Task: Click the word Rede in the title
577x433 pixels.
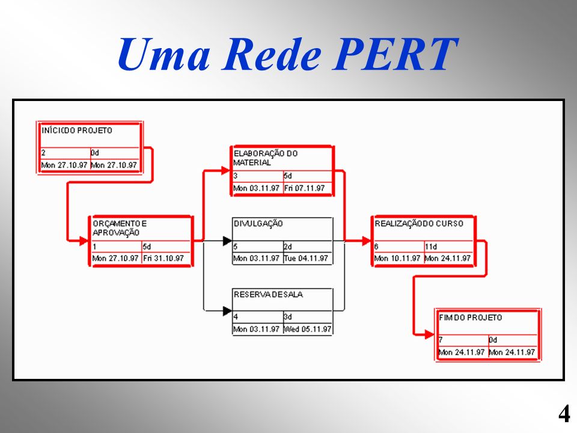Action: tap(272, 54)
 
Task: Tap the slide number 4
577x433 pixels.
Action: tap(564, 414)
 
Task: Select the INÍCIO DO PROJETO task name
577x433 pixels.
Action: tap(76, 131)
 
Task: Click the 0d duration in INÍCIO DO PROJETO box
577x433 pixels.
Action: tap(95, 153)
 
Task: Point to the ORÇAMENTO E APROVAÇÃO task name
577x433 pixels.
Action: tap(119, 228)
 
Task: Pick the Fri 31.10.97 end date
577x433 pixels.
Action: tap(163, 258)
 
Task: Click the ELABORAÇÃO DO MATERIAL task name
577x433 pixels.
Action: tap(265, 158)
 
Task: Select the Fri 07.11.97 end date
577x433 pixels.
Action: tap(304, 188)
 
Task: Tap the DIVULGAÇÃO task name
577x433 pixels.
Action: tap(258, 224)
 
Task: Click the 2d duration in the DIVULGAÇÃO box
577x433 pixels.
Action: tap(288, 247)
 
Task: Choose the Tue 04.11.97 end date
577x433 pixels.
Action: tap(306, 258)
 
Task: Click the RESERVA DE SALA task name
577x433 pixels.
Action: tap(268, 294)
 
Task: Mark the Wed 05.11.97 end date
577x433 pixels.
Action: tap(308, 329)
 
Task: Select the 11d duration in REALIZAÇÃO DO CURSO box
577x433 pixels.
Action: tap(431, 247)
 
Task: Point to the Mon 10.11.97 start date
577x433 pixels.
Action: tap(397, 258)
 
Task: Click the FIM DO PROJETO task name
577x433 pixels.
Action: tap(470, 318)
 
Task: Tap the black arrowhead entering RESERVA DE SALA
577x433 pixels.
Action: tap(227, 311)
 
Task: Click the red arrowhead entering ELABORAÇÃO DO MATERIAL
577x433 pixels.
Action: tap(225, 170)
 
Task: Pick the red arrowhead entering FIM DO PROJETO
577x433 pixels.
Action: tap(430, 334)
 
